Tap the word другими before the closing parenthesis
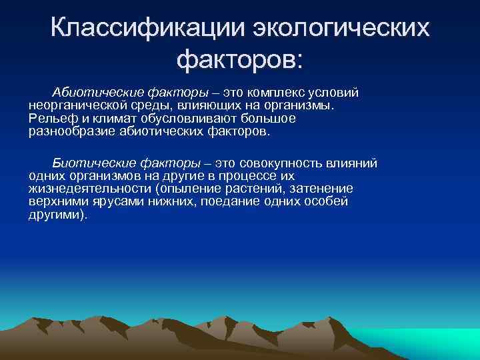(x=55, y=215)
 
